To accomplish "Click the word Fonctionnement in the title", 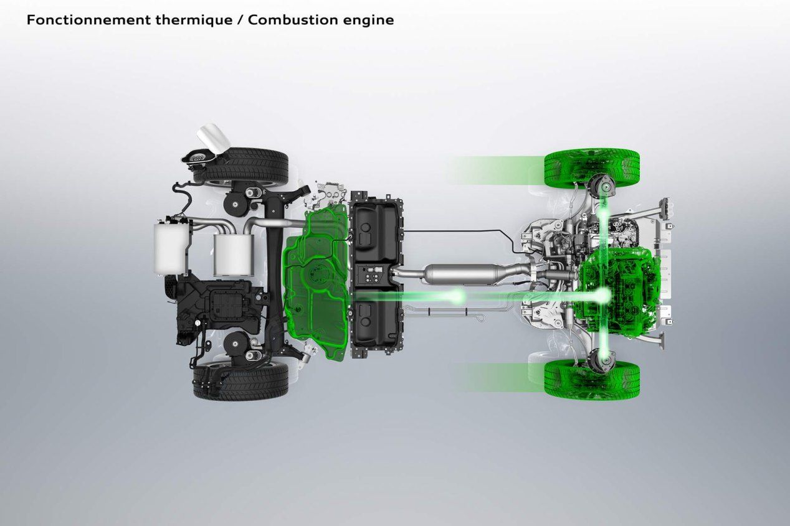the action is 89,20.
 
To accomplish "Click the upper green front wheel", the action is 592,167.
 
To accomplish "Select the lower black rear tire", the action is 241,380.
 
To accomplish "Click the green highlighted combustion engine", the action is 617,289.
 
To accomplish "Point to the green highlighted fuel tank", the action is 316,282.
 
